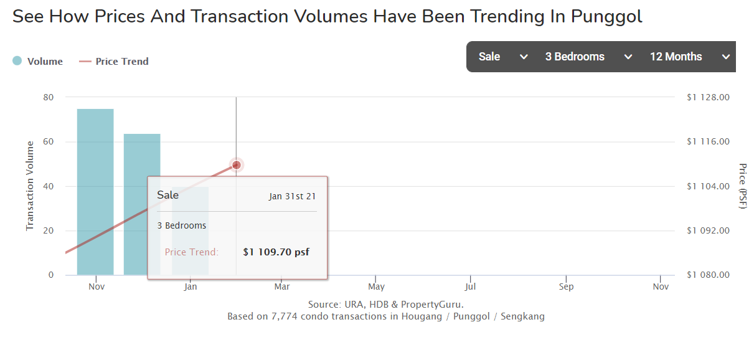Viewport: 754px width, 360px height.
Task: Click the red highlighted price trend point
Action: [236, 165]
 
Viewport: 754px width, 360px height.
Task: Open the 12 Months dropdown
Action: [689, 57]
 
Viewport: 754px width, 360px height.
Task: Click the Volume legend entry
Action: [38, 61]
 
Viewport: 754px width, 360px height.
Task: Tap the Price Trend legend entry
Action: [115, 61]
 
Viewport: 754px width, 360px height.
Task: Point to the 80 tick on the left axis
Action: [49, 97]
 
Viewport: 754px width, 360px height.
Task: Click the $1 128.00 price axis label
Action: [708, 97]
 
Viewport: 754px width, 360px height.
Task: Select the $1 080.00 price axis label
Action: [708, 275]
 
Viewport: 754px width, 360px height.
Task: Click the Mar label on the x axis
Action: [282, 287]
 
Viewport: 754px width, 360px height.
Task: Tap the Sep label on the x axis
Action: [566, 287]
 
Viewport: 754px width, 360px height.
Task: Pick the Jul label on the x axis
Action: [470, 287]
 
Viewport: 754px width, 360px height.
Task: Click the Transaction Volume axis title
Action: [30, 186]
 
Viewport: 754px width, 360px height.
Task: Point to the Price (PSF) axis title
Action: [742, 186]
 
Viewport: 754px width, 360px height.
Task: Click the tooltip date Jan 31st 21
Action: [293, 196]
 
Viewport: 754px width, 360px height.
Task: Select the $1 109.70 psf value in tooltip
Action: [276, 252]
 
